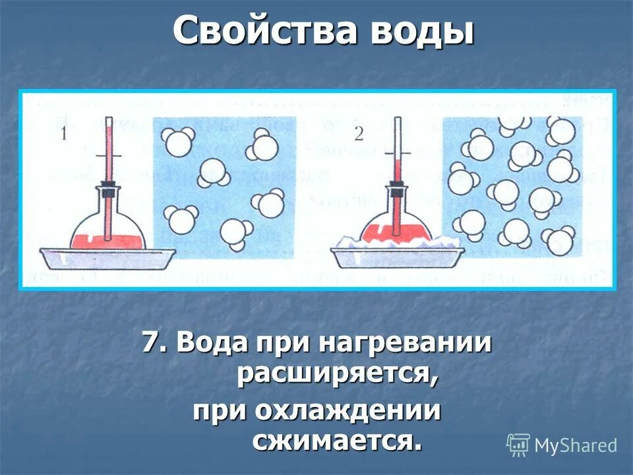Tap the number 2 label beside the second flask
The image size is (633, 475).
click(359, 134)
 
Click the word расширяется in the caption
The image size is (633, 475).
click(337, 375)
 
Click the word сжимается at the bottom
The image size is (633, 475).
click(336, 441)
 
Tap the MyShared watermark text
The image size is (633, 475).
click(576, 445)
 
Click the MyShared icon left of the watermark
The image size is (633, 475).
click(518, 445)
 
